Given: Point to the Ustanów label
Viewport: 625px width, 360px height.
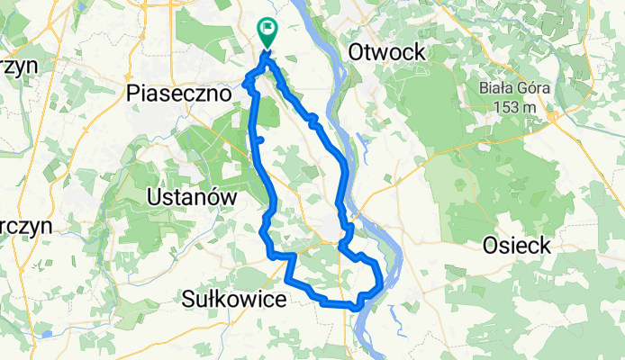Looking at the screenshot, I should (x=191, y=196).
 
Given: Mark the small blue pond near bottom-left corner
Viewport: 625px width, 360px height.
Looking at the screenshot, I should (x=41, y=335).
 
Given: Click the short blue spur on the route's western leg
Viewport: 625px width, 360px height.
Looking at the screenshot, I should (x=259, y=140).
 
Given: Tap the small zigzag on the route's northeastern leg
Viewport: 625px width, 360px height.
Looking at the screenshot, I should (x=312, y=121).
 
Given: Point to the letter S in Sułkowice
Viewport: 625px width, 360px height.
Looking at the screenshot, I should (x=189, y=297).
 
